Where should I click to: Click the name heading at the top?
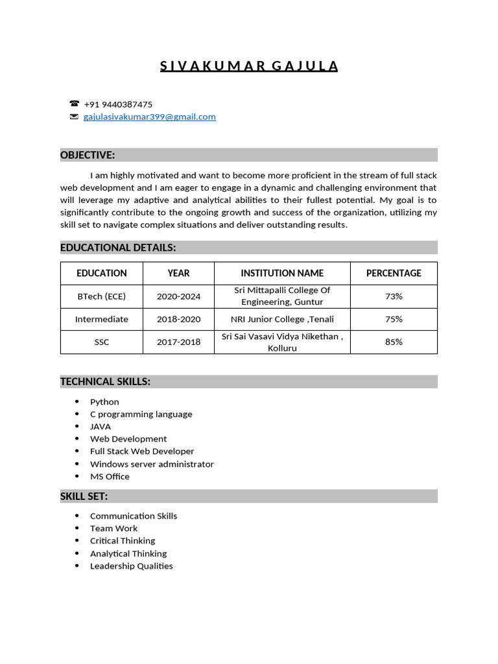(x=249, y=66)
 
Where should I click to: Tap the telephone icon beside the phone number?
(x=74, y=104)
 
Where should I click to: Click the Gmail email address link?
(x=150, y=117)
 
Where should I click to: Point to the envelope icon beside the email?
(x=74, y=117)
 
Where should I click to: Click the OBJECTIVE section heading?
(x=88, y=155)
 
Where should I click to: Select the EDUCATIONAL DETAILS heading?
(x=118, y=248)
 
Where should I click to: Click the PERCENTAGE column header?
(x=394, y=273)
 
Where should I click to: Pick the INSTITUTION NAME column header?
(x=282, y=273)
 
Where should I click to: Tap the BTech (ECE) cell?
(x=102, y=296)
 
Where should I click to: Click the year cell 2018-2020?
(x=178, y=319)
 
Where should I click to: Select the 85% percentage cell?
(x=394, y=342)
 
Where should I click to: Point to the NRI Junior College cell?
(x=282, y=319)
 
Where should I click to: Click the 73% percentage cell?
(x=394, y=296)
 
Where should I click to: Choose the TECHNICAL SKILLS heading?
(x=105, y=382)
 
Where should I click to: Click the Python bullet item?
(x=104, y=402)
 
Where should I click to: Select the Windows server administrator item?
(x=152, y=464)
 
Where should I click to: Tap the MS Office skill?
(x=110, y=477)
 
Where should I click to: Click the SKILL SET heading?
(x=84, y=497)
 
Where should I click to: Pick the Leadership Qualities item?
(x=132, y=566)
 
